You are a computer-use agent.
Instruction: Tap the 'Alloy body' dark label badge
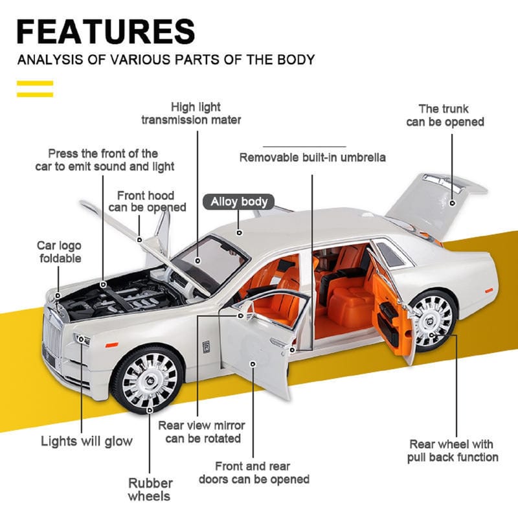239,202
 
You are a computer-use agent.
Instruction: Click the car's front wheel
148,379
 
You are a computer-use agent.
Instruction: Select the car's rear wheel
433,318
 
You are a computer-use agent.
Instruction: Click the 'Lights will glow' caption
86,442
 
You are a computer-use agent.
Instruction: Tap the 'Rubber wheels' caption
150,490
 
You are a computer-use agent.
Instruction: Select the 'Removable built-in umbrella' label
313,157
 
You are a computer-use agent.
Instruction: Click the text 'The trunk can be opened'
445,115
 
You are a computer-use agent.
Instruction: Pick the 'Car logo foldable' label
59,252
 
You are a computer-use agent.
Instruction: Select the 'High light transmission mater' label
191,113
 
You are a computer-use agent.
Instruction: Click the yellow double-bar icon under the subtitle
34,88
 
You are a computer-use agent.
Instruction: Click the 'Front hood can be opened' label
147,201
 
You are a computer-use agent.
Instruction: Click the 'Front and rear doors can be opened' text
253,473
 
